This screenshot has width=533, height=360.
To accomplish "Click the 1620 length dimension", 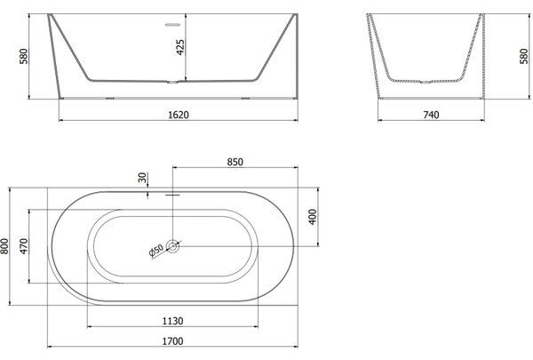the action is pos(179,115).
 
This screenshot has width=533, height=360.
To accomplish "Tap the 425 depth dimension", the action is pos(180,47).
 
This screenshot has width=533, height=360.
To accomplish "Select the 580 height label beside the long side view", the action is pos(23,56).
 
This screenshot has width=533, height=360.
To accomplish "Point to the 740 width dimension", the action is pos(431,115).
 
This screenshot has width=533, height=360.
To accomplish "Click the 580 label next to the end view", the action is pos(524,56).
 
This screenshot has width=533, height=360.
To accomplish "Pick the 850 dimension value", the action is pos(235,162).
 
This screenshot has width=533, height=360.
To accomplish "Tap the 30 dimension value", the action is pos(142,177).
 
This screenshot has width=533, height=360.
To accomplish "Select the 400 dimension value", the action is pos(313,217).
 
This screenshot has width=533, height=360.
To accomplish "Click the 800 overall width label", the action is pos(4,246).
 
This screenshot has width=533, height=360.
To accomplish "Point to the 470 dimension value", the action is pos(23,246).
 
